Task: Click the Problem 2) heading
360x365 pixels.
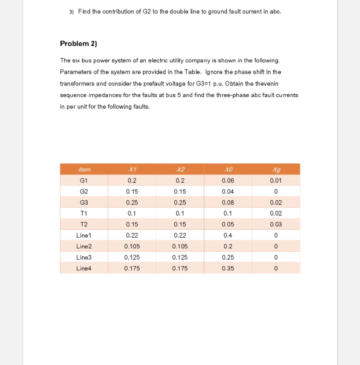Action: (78, 43)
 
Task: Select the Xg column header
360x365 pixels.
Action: (276, 169)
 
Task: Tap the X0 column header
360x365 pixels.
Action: (228, 169)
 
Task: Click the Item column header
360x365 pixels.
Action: (84, 169)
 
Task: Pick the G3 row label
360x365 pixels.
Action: (84, 202)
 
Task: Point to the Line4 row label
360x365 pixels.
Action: (84, 268)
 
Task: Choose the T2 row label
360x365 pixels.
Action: (84, 224)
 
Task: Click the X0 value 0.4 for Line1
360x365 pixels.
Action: (228, 235)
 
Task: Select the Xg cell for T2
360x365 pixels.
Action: (276, 224)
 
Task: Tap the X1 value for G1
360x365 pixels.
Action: (132, 180)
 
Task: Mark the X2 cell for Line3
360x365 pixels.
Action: (180, 257)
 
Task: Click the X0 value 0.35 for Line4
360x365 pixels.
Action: (228, 268)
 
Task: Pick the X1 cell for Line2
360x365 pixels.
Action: (132, 246)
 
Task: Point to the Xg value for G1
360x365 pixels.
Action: (276, 180)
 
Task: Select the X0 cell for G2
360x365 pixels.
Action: (228, 191)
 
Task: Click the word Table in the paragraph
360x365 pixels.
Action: (192, 72)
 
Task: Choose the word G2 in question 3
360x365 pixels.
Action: (147, 11)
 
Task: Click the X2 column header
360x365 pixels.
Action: (180, 169)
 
